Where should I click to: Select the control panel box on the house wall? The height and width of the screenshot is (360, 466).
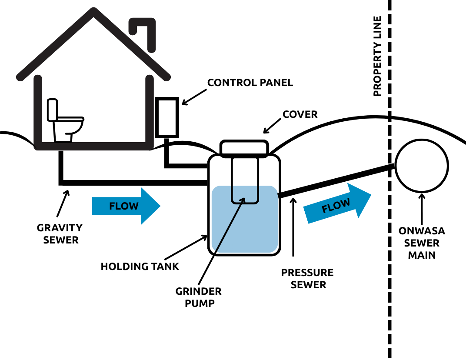166,117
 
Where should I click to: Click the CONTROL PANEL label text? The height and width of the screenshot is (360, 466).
250,83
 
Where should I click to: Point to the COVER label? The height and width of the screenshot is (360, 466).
300,115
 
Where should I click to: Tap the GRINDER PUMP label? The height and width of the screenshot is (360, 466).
199,297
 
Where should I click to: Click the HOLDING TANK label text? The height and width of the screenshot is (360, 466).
140,267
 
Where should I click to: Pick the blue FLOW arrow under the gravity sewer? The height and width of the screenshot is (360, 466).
126,206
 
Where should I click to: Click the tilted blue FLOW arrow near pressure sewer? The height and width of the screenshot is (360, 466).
337,204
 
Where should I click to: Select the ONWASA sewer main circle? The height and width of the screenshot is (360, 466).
422,166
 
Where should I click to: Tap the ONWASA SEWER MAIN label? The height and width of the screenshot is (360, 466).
421,243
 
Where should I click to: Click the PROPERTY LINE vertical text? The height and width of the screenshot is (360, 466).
377,56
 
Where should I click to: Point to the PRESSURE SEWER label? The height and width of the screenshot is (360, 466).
307,279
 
